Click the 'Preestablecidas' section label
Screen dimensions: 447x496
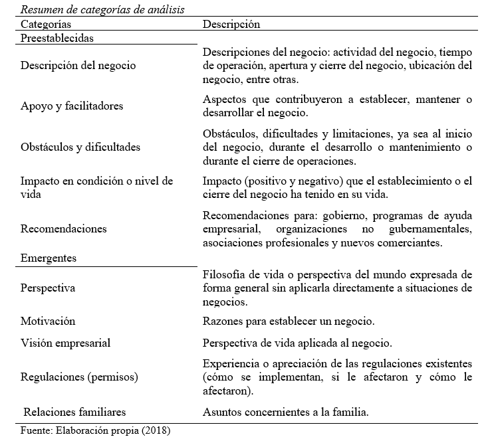[x=57, y=38]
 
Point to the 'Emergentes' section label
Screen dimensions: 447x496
[x=49, y=258]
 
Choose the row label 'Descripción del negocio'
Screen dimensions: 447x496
[x=78, y=65]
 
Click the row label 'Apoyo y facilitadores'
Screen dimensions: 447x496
[x=72, y=106]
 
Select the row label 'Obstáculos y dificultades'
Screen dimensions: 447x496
[x=80, y=146]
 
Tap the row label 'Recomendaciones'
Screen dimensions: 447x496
[x=64, y=228]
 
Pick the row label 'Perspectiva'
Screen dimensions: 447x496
[x=48, y=288]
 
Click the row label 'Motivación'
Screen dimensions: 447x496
[x=48, y=321]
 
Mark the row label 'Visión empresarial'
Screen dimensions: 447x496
[x=65, y=343]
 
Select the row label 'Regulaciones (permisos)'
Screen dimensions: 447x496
[x=79, y=377]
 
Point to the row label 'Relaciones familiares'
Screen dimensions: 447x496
[x=74, y=412]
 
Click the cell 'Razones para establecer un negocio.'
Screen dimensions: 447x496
[x=289, y=321]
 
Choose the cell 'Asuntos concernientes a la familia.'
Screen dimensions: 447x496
[x=286, y=412]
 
